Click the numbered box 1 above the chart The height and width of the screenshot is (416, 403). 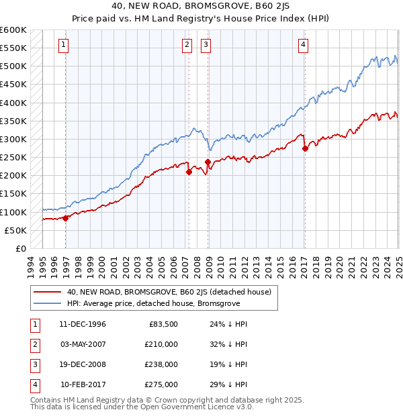tap(62, 45)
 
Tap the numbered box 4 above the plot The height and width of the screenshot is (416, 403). tap(304, 45)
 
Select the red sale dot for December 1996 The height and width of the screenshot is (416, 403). tap(66, 217)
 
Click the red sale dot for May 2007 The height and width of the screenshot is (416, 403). tap(189, 172)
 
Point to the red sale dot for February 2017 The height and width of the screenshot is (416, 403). tap(305, 148)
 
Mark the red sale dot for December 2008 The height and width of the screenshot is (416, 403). tap(208, 162)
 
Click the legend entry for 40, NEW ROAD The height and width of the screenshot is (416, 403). tap(169, 292)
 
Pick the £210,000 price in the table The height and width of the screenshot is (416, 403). tap(161, 344)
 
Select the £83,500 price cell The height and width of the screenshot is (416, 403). tap(163, 324)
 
